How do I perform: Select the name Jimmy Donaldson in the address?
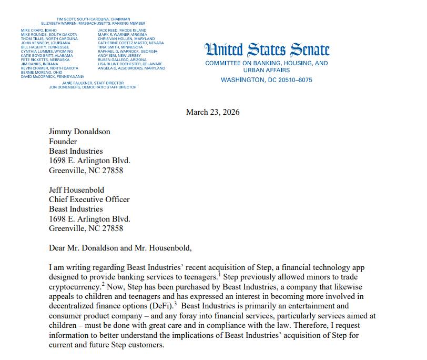[79, 132]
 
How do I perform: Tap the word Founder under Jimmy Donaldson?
[63, 141]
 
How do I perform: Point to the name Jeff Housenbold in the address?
[76, 189]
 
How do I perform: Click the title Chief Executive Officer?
[89, 199]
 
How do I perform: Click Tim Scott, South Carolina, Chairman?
[93, 19]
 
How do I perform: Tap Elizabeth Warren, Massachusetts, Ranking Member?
[93, 23]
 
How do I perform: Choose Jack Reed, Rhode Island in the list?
[123, 31]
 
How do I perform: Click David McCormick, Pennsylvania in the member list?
[52, 77]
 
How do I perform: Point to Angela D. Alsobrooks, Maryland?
[131, 68]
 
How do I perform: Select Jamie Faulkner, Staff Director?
[93, 83]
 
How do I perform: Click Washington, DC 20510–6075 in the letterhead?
[266, 80]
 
